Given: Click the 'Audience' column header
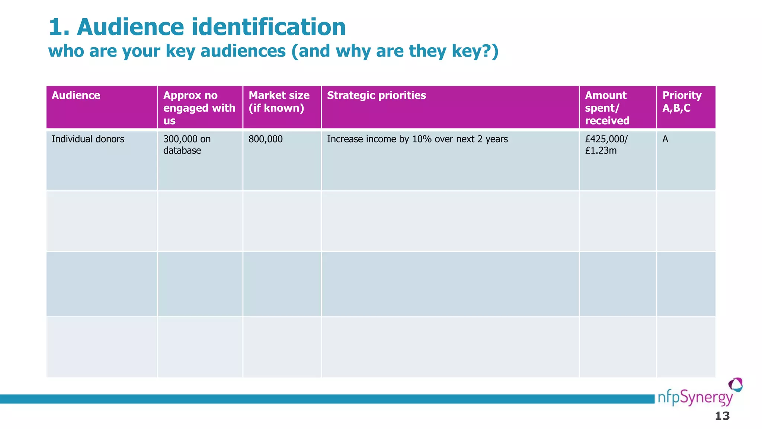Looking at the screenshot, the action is tap(76, 95).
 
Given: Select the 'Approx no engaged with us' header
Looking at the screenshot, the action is tap(199, 108).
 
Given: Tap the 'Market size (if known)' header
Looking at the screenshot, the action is tap(279, 102).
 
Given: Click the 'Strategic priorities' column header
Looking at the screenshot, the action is tap(376, 95).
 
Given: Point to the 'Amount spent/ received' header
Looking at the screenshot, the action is tap(607, 108).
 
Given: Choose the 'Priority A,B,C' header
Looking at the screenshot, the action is tap(682, 102).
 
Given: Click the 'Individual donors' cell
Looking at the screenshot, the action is tap(88, 139).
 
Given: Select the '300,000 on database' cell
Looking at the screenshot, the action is tap(187, 144).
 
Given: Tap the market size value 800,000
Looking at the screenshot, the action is tap(266, 139).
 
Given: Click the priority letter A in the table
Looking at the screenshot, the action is tap(665, 139).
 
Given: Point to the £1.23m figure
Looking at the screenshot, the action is tap(601, 150).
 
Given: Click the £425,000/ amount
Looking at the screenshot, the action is tap(606, 139).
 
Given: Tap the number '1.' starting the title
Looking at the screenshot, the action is tap(60, 27).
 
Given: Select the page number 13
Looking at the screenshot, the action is tap(722, 416).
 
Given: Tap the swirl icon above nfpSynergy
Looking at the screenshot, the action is tap(735, 385).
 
